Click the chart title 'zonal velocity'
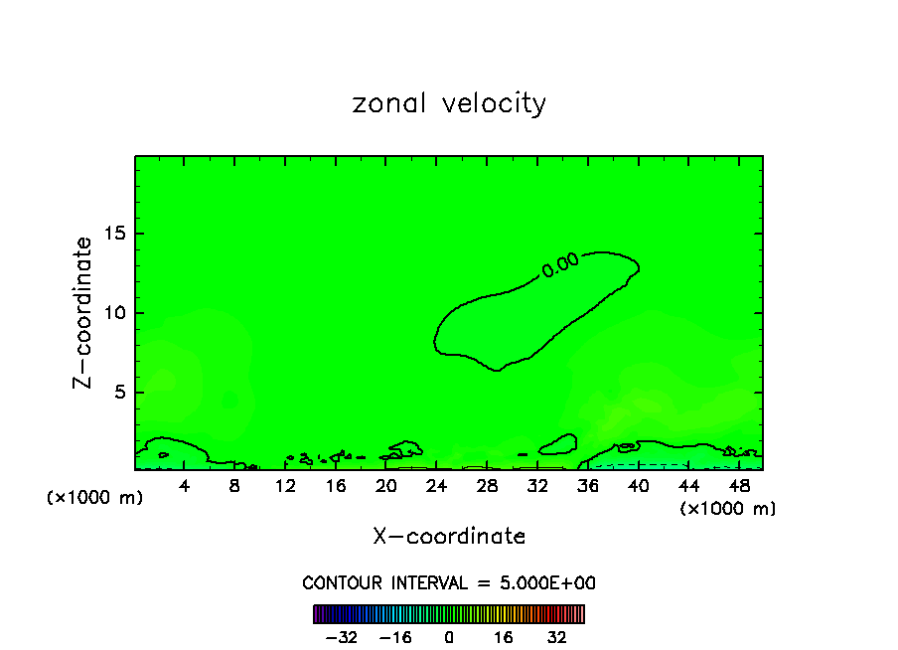[x=449, y=103]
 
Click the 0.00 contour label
[x=560, y=264]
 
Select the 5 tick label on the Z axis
[x=115, y=393]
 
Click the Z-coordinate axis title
[x=84, y=312]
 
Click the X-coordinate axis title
[x=449, y=537]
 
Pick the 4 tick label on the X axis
[x=185, y=486]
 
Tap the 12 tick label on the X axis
[x=285, y=486]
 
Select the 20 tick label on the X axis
[x=386, y=486]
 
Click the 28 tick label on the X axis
[x=487, y=486]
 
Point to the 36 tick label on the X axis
[x=587, y=486]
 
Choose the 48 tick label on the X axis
[x=738, y=486]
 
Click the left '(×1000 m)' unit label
[x=95, y=498]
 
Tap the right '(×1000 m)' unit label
[x=728, y=509]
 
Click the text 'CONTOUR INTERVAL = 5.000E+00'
[x=449, y=582]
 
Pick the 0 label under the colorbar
[x=449, y=637]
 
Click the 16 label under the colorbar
[x=504, y=637]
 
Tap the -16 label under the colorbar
[x=395, y=637]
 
